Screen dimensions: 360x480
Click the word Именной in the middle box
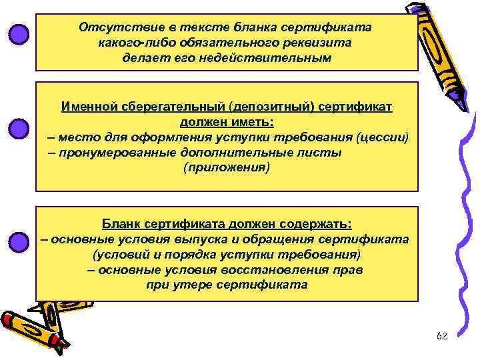[88, 107]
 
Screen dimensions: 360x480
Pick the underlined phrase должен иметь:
[226, 122]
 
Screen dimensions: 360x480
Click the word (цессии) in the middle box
[382, 137]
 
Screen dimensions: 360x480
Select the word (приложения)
[227, 167]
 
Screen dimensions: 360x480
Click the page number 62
[441, 337]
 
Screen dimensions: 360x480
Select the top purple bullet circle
[19, 34]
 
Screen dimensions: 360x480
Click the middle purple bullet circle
[19, 128]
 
